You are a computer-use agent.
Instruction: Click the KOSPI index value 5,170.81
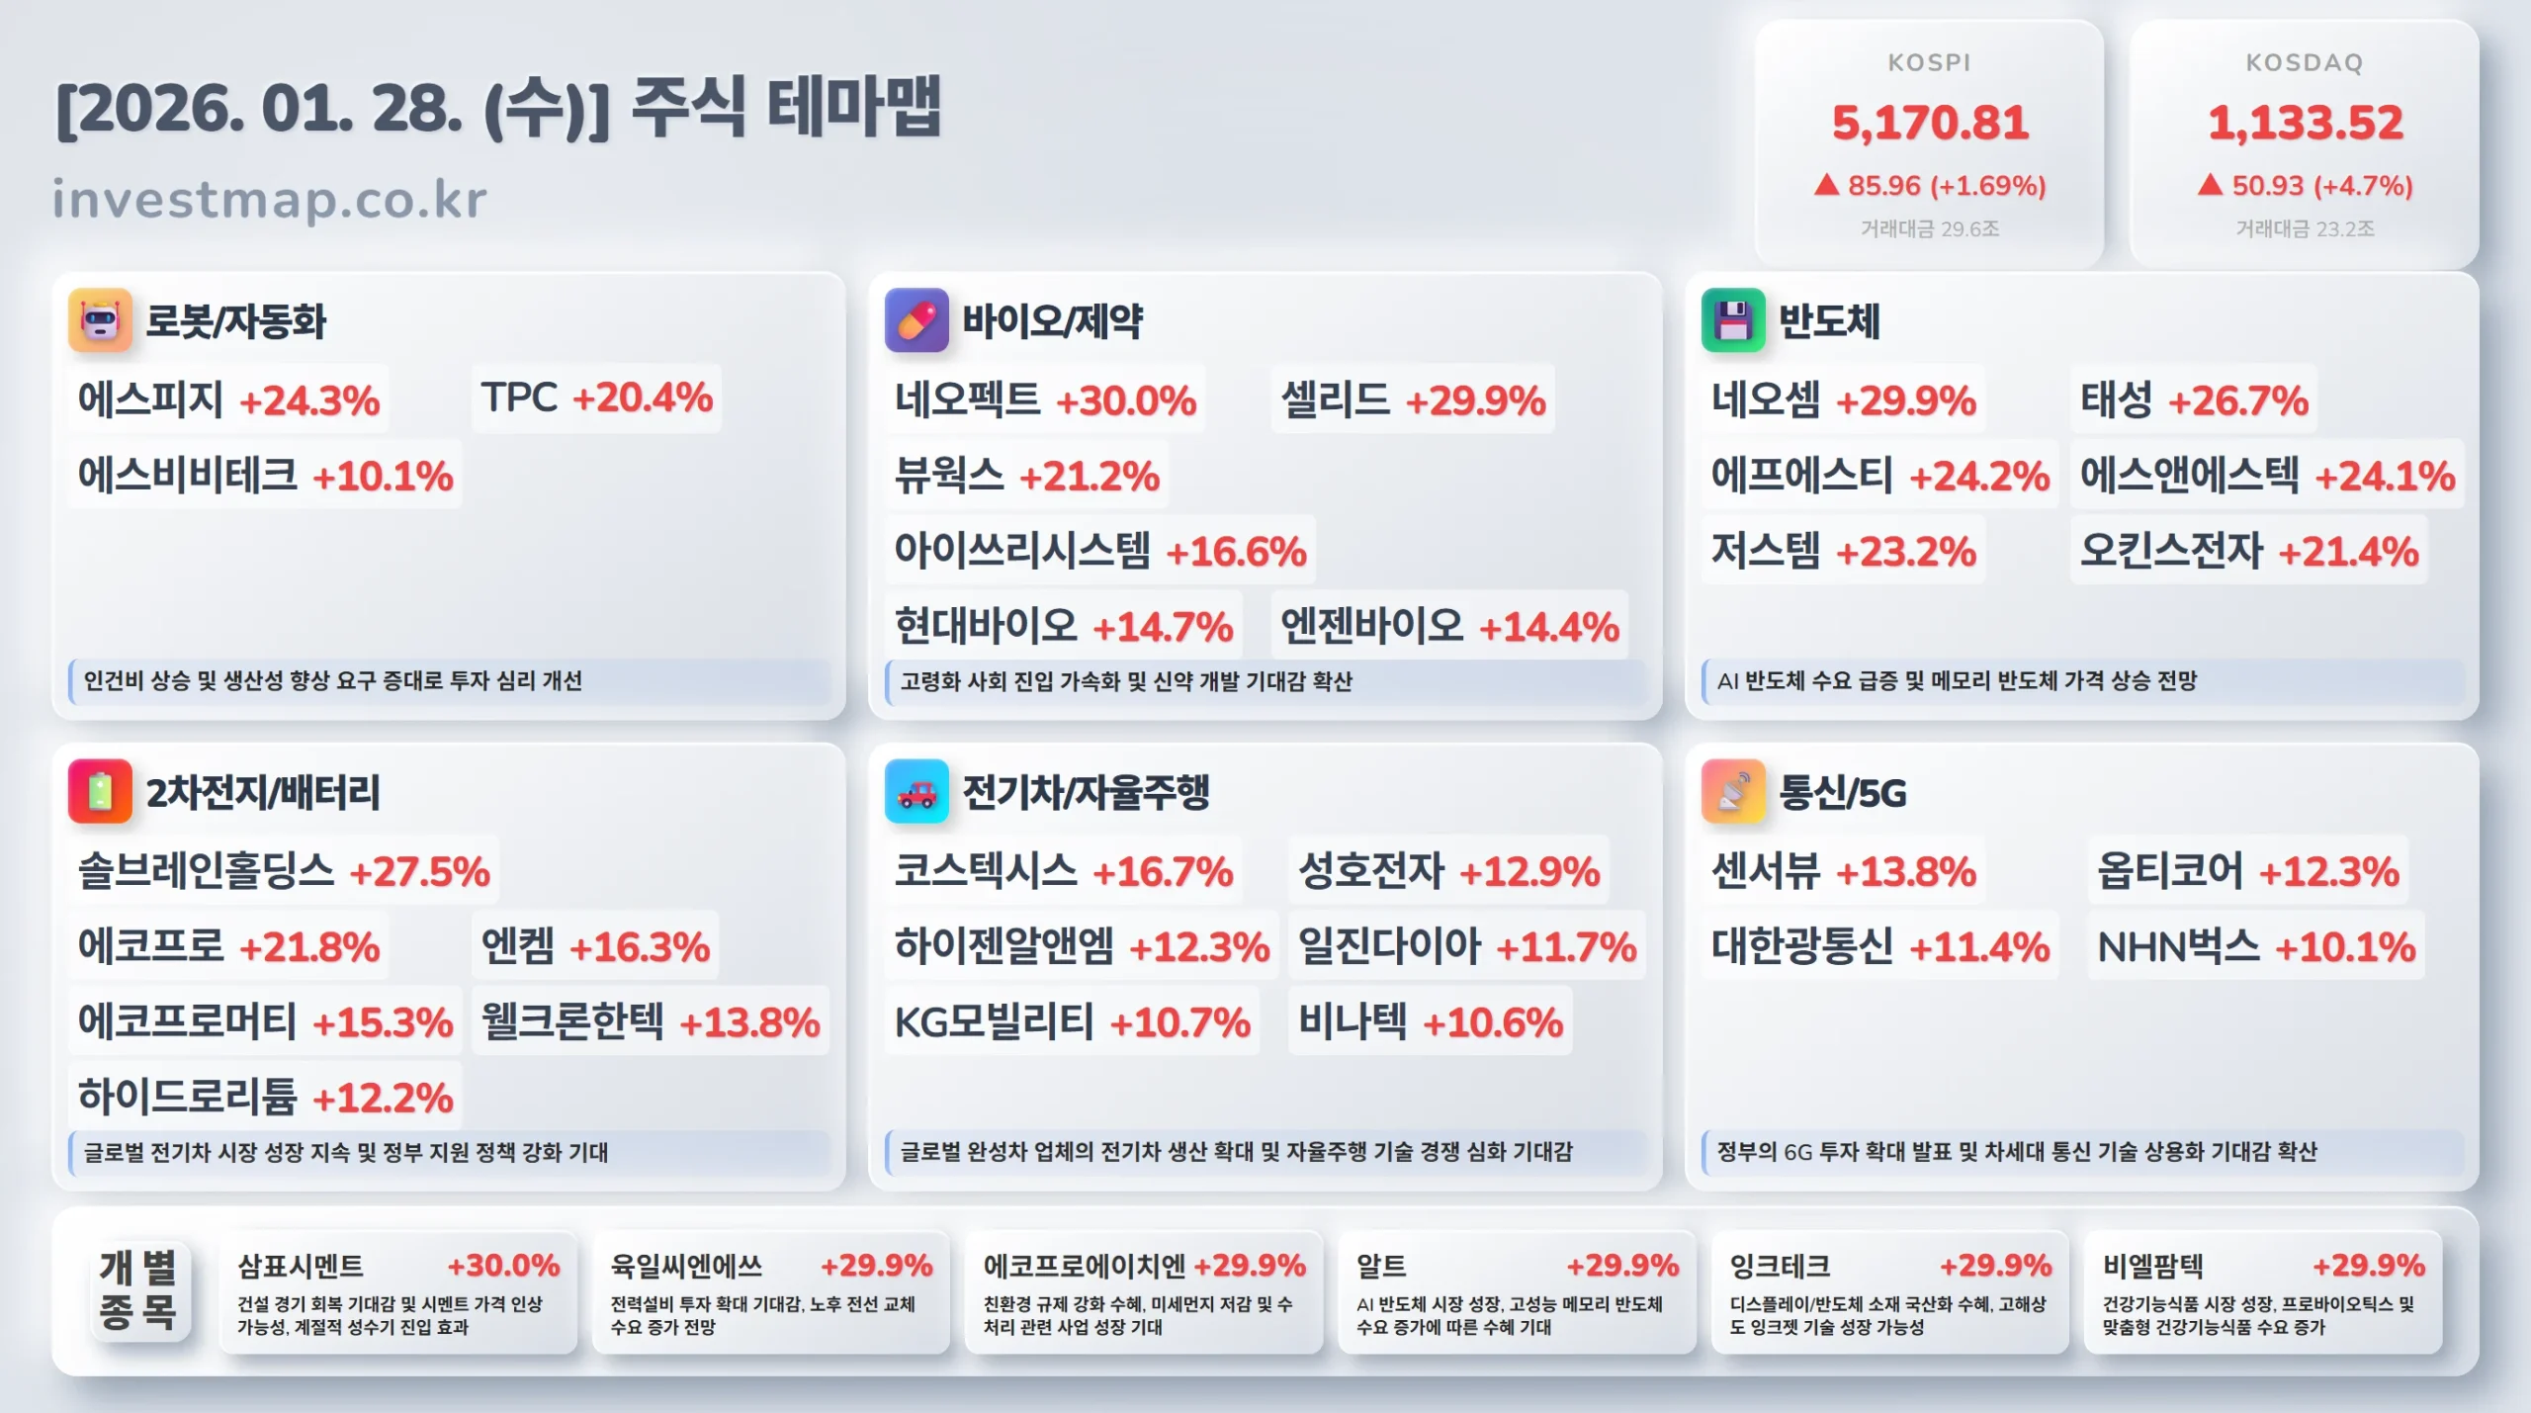coord(1930,123)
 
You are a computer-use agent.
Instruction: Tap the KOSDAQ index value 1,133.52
coord(2305,123)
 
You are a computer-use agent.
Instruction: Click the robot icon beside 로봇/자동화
coord(100,320)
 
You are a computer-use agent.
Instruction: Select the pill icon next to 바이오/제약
coord(916,320)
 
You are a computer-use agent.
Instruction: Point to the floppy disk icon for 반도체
coord(1732,320)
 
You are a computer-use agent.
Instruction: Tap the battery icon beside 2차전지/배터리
coord(100,791)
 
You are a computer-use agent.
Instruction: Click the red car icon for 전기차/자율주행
coord(916,791)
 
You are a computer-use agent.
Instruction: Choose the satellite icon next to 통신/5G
coord(1732,791)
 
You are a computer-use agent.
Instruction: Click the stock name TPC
coord(519,397)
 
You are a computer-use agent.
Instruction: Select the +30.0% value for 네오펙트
coord(1126,401)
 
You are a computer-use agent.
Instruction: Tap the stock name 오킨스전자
coord(2171,551)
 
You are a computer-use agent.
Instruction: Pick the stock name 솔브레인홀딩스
coord(206,871)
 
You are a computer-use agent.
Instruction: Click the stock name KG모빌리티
coord(994,1022)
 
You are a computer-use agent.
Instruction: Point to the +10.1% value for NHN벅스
coord(2345,947)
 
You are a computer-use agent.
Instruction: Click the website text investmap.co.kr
coord(269,199)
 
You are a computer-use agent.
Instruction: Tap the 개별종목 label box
coord(138,1289)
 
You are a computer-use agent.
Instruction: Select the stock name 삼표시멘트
coord(301,1266)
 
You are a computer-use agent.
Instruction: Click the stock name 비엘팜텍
coord(2152,1266)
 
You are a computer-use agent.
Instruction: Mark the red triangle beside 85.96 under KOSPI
coord(1826,185)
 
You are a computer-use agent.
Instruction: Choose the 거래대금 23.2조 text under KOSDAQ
coord(2305,228)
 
